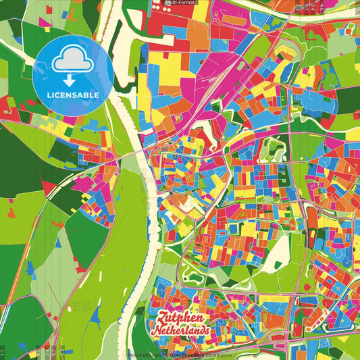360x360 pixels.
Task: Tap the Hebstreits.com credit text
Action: pos(144,355)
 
